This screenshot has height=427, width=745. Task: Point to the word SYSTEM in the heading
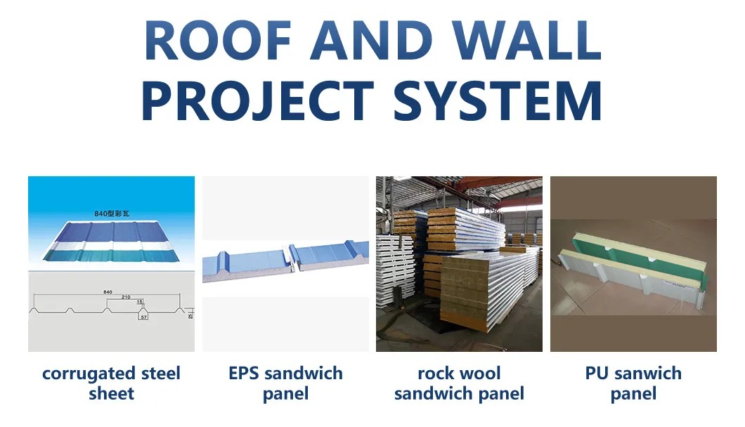pos(498,101)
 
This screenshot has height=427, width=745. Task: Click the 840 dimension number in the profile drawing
pos(108,291)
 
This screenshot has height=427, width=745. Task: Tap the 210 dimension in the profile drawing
pos(126,297)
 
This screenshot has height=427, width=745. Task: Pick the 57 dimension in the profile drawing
pos(143,317)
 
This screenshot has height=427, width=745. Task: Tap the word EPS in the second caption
pos(245,373)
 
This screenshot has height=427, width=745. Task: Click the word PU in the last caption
pos(596,373)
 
